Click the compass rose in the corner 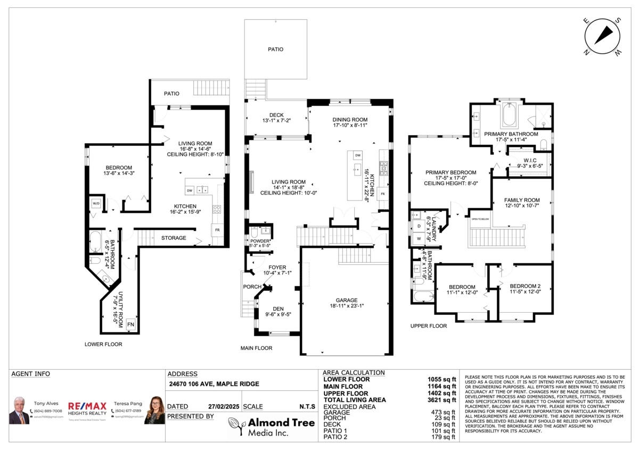pyautogui.click(x=602, y=36)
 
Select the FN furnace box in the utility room pyautogui.click(x=130, y=324)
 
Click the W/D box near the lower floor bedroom pyautogui.click(x=96, y=204)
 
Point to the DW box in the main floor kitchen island pyautogui.click(x=358, y=155)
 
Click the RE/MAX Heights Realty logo pyautogui.click(x=87, y=408)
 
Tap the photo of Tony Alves pyautogui.click(x=19, y=410)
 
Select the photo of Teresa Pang pyautogui.click(x=155, y=410)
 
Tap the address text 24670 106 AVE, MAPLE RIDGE pyautogui.click(x=214, y=383)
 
